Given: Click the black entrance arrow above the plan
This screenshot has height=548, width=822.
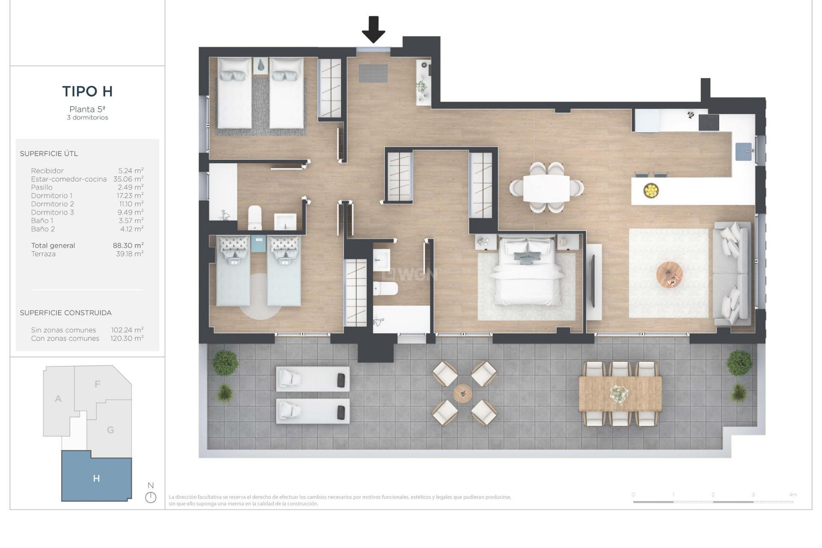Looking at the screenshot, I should (x=373, y=30).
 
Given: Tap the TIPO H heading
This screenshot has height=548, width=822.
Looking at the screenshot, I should (x=87, y=91).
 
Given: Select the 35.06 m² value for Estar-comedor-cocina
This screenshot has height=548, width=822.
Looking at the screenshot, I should (x=128, y=179).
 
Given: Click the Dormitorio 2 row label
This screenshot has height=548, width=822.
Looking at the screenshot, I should (x=52, y=204).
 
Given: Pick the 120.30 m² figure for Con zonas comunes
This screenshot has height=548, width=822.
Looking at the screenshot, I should (x=127, y=338).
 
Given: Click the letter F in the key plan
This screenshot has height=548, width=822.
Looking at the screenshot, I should (x=97, y=384).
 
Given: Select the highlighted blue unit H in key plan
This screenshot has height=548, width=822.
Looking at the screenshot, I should (x=96, y=478).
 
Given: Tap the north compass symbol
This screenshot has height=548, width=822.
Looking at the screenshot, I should (x=151, y=497).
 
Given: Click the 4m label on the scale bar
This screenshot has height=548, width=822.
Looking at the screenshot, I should (x=792, y=494).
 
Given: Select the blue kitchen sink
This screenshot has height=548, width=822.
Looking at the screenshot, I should (x=744, y=152).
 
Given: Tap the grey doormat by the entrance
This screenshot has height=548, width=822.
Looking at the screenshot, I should (x=373, y=73).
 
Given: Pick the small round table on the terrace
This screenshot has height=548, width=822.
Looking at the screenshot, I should (x=463, y=393).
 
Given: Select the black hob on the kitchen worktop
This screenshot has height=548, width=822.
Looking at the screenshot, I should (x=709, y=122).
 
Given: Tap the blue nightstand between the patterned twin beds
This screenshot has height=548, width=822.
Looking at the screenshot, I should (x=258, y=244).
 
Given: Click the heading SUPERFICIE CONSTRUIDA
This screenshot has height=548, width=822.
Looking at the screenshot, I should (x=66, y=313).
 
